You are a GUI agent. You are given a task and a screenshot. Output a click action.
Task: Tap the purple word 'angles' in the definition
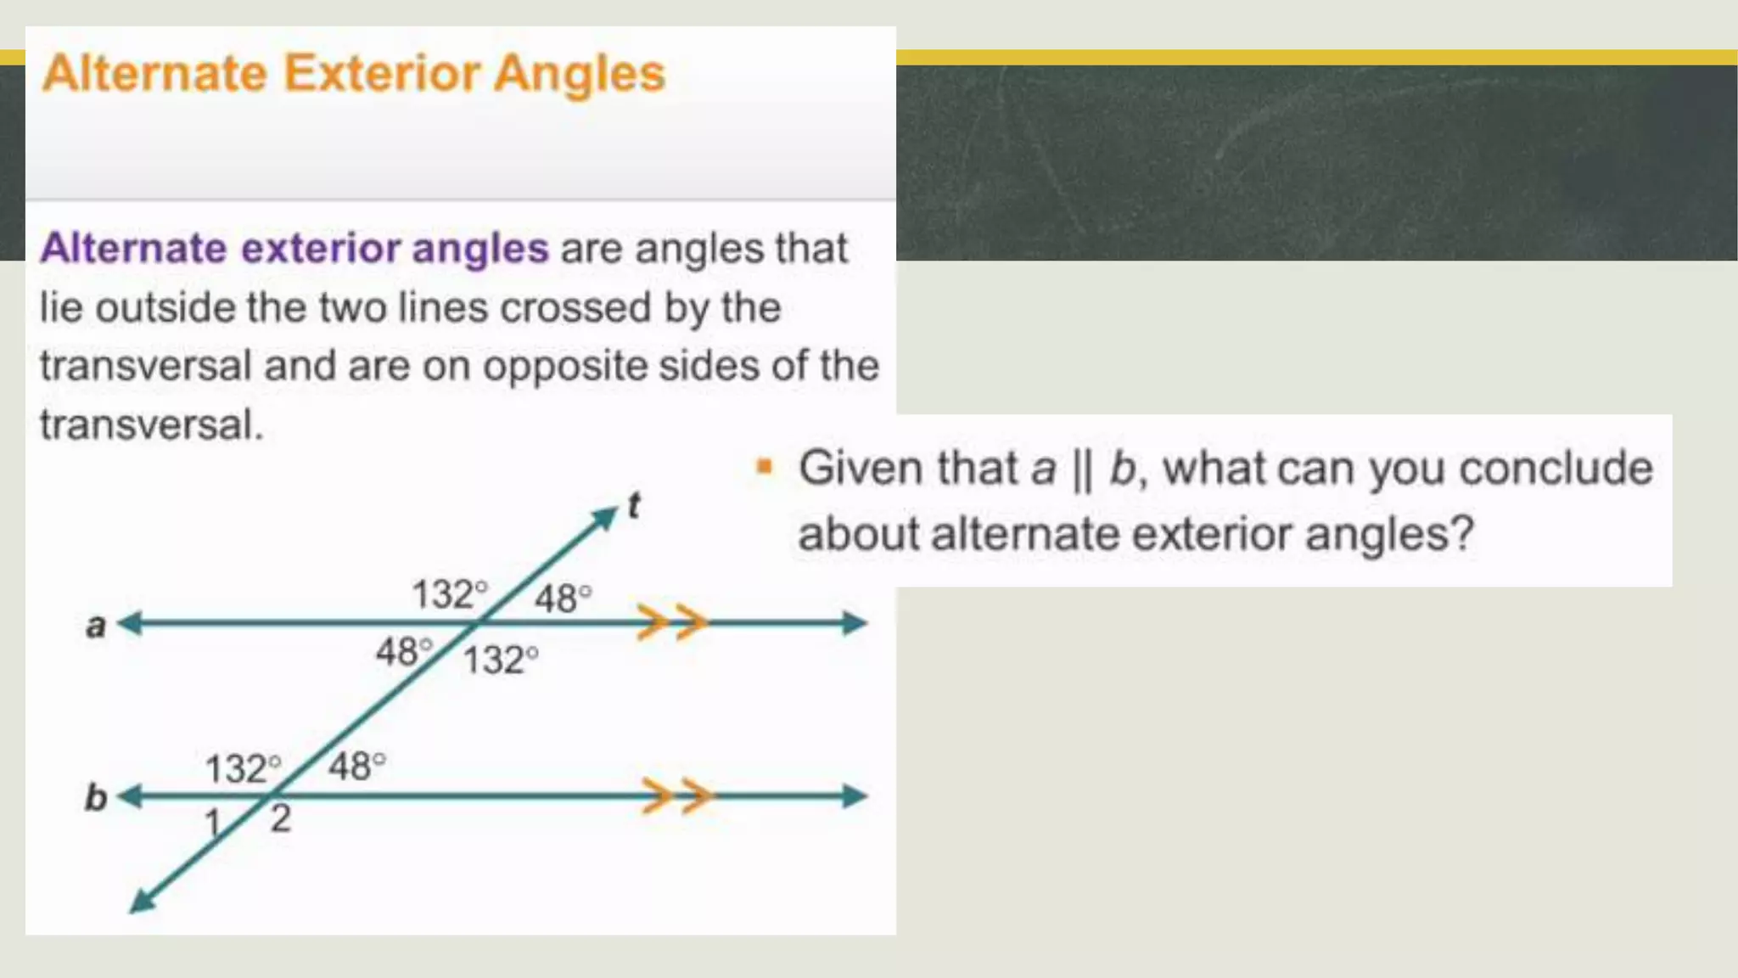click(480, 249)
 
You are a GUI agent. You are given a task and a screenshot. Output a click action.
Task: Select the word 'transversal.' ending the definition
click(151, 424)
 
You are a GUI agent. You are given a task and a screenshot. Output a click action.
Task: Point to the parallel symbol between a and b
click(1082, 469)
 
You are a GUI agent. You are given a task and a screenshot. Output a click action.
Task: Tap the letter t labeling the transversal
click(634, 506)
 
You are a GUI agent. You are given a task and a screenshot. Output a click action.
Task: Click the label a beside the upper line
click(96, 627)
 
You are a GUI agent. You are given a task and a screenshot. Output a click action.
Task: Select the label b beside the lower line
click(96, 798)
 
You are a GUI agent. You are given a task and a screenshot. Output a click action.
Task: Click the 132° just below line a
click(501, 660)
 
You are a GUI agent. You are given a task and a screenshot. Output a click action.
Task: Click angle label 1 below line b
click(212, 823)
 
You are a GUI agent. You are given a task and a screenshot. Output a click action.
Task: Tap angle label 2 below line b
click(281, 819)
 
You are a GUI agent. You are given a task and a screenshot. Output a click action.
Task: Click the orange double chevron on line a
click(672, 623)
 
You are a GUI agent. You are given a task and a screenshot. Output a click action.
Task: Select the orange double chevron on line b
click(677, 796)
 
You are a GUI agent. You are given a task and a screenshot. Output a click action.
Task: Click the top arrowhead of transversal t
click(607, 515)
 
